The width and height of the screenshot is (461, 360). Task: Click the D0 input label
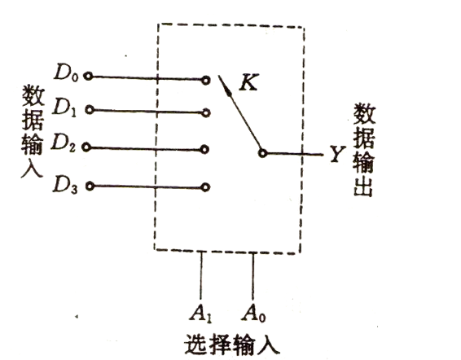click(x=66, y=72)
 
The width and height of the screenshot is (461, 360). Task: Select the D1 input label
click(x=64, y=108)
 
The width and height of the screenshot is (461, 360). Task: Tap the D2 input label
click(x=64, y=143)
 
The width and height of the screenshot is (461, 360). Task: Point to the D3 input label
click(x=65, y=185)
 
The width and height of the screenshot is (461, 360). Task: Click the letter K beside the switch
click(x=249, y=82)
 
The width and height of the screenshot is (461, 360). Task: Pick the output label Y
click(x=337, y=154)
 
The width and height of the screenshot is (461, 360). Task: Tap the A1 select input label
click(x=201, y=314)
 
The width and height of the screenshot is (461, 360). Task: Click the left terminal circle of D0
click(x=88, y=77)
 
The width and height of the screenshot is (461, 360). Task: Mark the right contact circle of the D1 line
click(x=206, y=113)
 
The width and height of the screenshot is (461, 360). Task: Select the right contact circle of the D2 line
click(x=204, y=149)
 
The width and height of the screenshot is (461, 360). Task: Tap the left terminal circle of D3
click(x=90, y=186)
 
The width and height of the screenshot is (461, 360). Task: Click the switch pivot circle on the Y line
click(x=262, y=153)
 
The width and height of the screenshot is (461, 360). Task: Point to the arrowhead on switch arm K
click(x=227, y=90)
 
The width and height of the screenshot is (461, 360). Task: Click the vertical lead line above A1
click(x=201, y=275)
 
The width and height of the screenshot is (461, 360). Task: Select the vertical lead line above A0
click(x=252, y=276)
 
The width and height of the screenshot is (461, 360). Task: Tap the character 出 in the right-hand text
click(x=363, y=187)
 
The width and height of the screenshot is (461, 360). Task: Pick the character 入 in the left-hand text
click(x=33, y=168)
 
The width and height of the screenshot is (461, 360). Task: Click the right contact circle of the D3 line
click(x=205, y=187)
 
